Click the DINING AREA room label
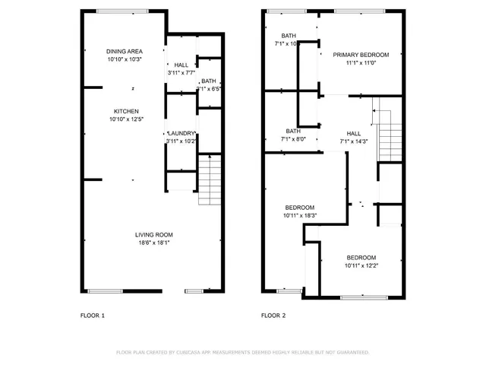pos(125,51)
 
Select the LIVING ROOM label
pos(154,234)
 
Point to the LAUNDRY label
pos(181,133)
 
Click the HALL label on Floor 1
pos(181,65)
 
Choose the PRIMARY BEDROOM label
pos(361,55)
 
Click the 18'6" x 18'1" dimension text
pos(154,243)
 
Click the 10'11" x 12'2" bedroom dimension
pos(361,265)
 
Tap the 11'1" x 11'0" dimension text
pos(361,63)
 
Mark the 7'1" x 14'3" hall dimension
pos(354,141)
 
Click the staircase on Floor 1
pos(209,179)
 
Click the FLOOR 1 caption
pos(93,315)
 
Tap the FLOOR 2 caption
pos(273,315)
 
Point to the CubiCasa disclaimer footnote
pos(243,352)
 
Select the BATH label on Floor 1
pos(207,81)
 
